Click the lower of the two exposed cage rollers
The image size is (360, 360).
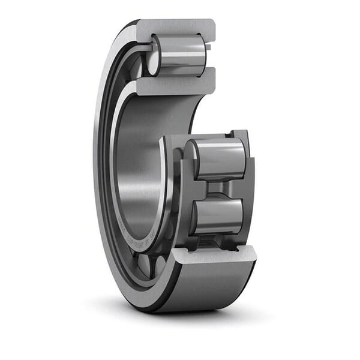point(219,216)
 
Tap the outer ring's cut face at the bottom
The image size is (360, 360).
point(213,254)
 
